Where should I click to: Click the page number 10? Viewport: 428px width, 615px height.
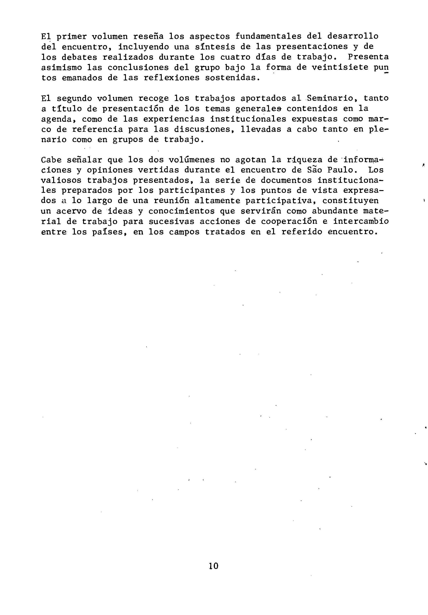click(214, 566)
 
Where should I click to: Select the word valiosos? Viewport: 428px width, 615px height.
click(61, 181)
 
